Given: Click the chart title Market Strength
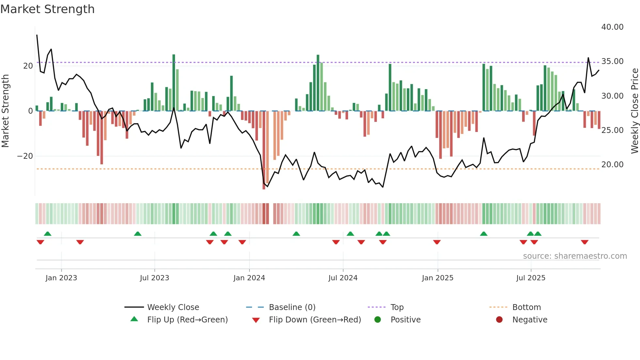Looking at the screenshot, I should (48, 9).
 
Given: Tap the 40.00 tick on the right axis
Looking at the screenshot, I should (612, 27).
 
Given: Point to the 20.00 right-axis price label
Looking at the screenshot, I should (612, 165).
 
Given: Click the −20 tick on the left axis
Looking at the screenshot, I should (25, 156).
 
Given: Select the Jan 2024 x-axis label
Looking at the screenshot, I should (249, 278).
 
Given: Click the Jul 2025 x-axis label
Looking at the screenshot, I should (531, 278).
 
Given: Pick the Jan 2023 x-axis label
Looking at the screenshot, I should (61, 278).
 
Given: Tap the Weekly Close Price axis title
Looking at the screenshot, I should (634, 111).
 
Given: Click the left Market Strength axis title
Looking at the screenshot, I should (5, 111).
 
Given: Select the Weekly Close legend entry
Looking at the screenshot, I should (173, 307).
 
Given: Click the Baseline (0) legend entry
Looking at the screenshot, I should (292, 307).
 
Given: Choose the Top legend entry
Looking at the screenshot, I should (397, 307).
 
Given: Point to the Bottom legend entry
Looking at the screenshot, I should (526, 307).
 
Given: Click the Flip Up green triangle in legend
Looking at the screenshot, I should (134, 319).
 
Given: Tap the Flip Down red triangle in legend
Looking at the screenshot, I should (256, 320).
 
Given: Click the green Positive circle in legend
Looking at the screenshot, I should (377, 320).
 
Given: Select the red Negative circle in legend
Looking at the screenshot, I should (499, 320).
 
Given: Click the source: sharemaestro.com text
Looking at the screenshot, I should (575, 256).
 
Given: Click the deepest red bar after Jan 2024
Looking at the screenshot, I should (264, 150).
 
